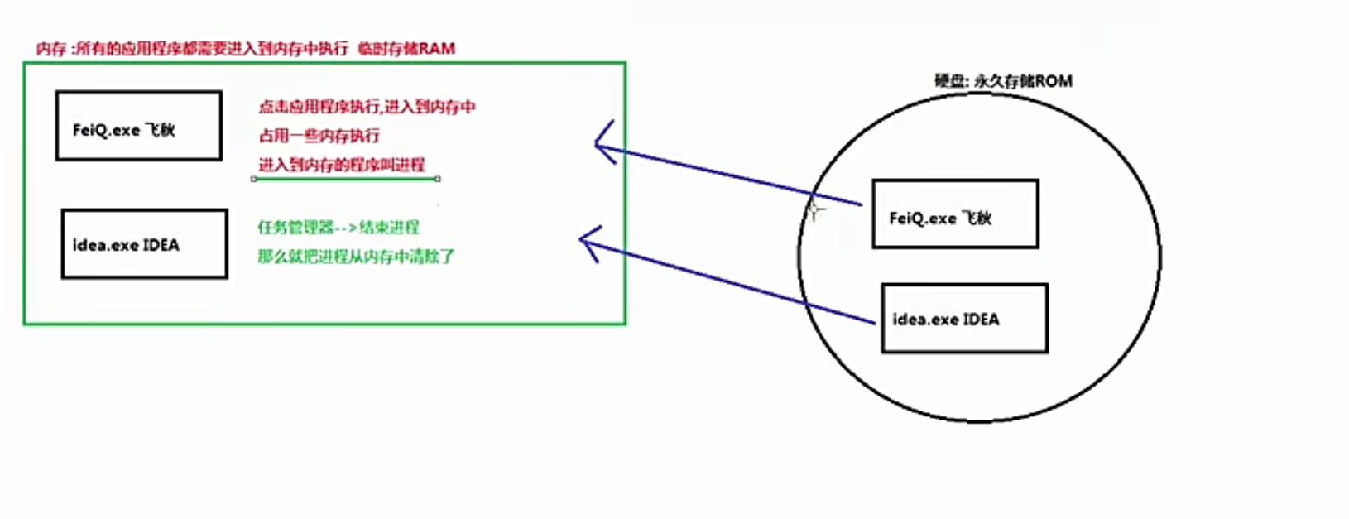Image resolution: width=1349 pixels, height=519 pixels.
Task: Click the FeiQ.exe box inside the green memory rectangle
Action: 138,126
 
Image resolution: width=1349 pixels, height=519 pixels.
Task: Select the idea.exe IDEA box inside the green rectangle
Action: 144,244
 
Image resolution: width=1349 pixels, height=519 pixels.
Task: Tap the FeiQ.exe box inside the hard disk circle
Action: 955,214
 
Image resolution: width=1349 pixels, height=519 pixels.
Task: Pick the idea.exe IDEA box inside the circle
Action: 964,319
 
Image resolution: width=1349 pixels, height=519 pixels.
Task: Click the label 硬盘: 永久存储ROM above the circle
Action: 1003,81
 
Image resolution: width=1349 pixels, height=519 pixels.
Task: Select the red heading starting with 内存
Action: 245,49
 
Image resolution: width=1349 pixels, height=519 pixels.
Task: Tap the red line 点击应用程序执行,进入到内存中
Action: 367,107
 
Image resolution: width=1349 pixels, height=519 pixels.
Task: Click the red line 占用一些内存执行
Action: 319,136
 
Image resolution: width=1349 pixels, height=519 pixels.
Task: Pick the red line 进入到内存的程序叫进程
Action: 341,165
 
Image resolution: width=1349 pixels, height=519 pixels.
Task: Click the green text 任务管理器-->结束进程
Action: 338,228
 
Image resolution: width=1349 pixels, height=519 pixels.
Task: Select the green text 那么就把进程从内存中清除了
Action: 356,257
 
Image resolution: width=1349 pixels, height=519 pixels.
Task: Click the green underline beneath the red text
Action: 346,178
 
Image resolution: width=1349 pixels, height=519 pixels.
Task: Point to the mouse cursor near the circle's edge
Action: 815,209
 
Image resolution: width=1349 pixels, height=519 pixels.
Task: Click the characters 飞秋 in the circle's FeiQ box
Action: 977,219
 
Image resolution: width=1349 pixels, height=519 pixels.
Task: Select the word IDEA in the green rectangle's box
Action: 161,245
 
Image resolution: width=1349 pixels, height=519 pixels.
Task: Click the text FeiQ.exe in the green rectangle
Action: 106,131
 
